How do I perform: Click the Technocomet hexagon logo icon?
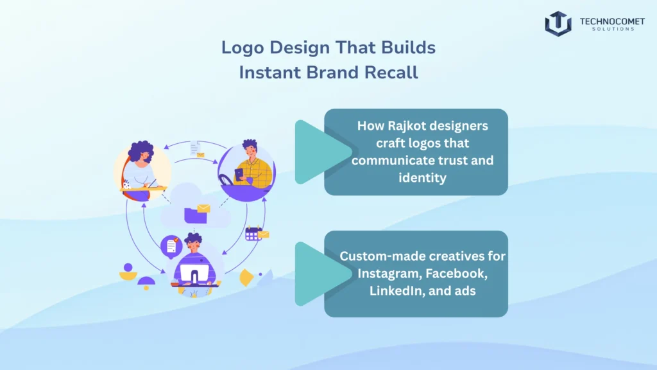click(558, 24)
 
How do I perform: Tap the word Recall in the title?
click(391, 72)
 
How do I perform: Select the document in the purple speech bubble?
click(171, 245)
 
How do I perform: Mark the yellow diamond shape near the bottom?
click(246, 278)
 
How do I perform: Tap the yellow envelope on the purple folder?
click(203, 208)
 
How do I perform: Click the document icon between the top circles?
click(195, 148)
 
